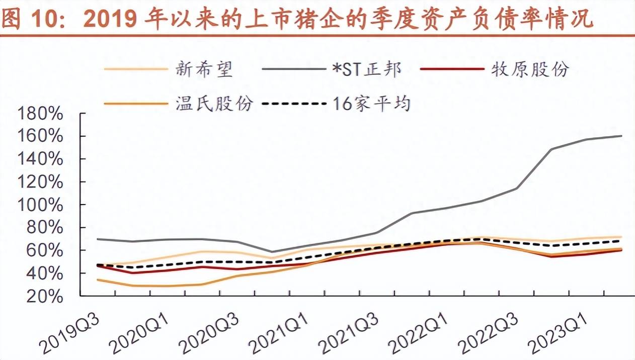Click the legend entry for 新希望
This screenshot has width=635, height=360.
(x=204, y=69)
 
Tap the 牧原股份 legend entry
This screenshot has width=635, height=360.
(x=530, y=69)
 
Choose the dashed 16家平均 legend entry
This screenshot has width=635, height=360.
(x=371, y=103)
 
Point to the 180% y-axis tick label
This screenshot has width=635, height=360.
(x=40, y=114)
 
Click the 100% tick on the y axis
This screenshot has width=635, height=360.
(x=40, y=205)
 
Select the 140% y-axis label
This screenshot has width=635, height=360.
(x=40, y=159)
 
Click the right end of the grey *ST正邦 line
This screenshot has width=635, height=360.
(x=621, y=136)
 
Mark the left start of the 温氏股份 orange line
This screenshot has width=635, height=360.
(x=98, y=280)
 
